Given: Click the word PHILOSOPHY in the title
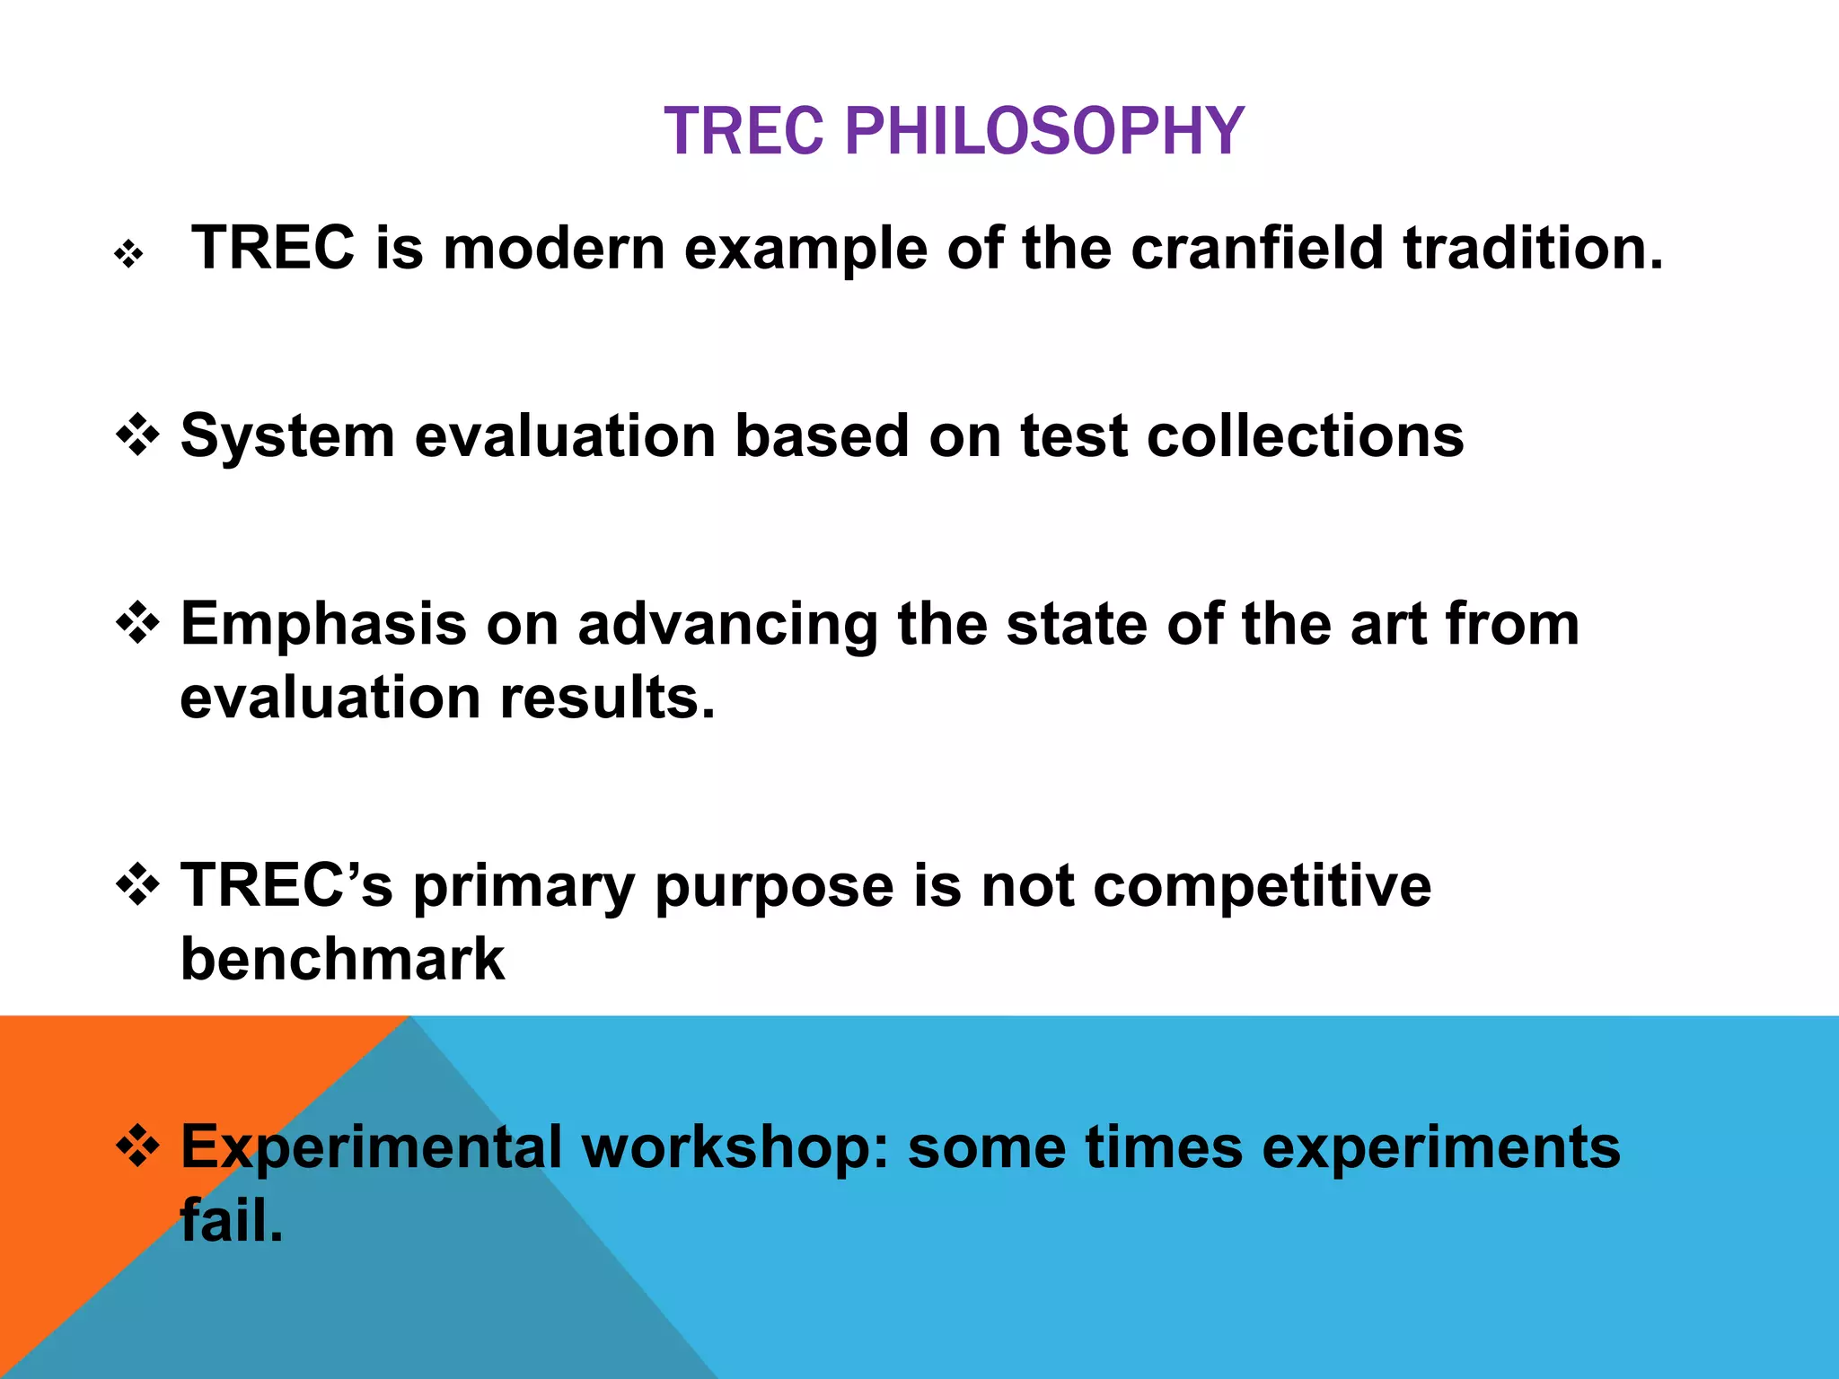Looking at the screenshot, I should click(1044, 131).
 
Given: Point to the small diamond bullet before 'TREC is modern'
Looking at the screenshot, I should click(129, 255).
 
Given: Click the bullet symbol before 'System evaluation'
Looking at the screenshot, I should click(138, 435).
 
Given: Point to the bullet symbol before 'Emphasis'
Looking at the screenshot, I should click(138, 623).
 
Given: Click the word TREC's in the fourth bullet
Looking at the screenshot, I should click(286, 885).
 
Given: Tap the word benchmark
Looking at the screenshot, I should click(342, 960).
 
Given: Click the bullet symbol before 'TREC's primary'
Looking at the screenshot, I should click(138, 885).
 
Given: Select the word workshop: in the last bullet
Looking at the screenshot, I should click(735, 1148).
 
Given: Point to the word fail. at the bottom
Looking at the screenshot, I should click(232, 1222).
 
